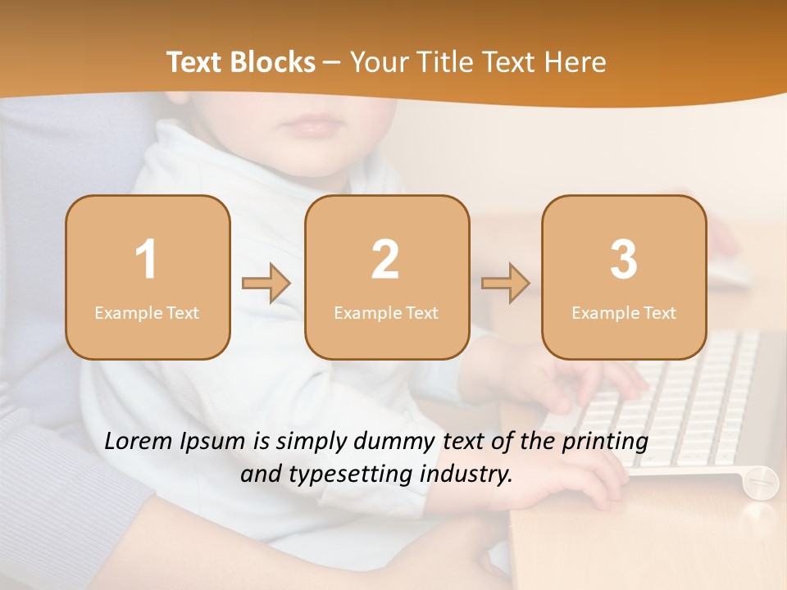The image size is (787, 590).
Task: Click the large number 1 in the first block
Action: pos(146,260)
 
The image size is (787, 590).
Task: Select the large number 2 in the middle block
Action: pos(385,260)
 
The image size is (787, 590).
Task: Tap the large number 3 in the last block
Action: pos(624,260)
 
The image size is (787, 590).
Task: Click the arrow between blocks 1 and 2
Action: pos(266,284)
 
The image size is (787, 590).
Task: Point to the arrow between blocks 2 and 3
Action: pos(506,284)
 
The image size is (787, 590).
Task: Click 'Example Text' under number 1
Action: pos(147,313)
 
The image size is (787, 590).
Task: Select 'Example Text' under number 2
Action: pos(386,313)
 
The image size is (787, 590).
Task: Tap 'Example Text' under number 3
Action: pos(624,313)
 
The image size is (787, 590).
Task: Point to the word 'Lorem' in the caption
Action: pos(139,442)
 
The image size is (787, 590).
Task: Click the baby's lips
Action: pos(311,127)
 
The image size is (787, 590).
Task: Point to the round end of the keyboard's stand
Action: pos(761,482)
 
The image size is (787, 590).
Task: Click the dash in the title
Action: pos(333,63)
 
